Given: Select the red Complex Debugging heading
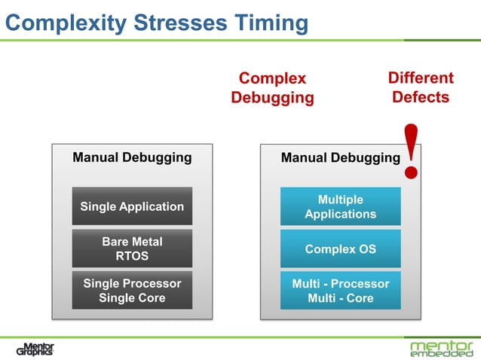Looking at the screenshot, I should [272, 88].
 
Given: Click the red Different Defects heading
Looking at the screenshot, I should [421, 87].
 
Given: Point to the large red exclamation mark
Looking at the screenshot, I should [412, 151].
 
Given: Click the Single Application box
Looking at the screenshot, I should [132, 206].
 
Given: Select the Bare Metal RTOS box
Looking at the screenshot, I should [132, 249].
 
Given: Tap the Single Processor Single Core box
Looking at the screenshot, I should [132, 291].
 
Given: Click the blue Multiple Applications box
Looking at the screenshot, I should [340, 206].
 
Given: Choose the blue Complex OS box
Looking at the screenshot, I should [340, 249].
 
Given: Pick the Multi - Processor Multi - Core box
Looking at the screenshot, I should [340, 291].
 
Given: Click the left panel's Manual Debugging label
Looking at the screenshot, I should [132, 158].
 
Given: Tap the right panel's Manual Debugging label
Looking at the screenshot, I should [340, 158].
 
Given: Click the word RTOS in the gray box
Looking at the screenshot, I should [132, 257].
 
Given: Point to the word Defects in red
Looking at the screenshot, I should [421, 97].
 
